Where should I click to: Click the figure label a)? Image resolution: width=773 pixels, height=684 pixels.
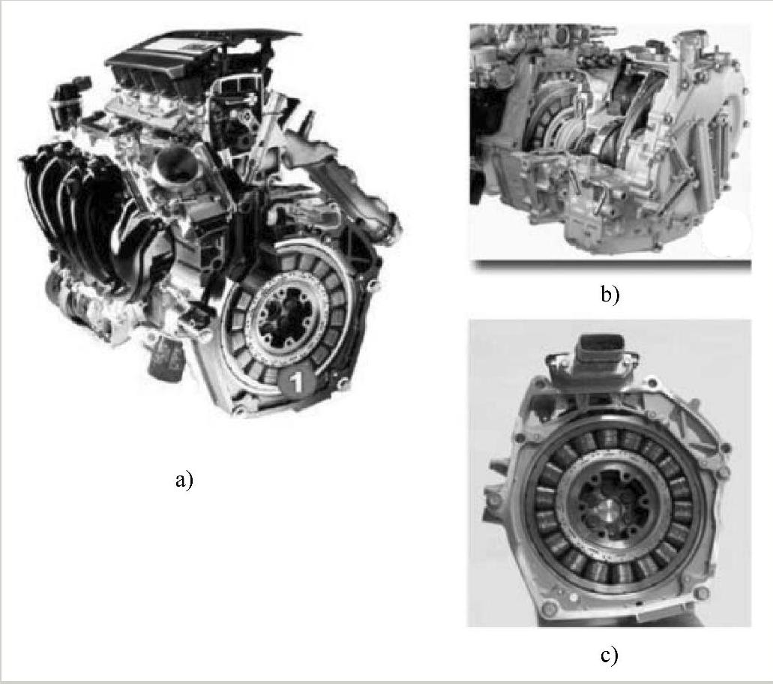coord(184,479)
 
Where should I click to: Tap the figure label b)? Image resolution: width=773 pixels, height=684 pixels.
coord(610,295)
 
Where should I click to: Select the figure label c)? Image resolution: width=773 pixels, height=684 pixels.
coord(610,655)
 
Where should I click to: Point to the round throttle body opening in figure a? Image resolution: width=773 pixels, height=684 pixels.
coord(176,164)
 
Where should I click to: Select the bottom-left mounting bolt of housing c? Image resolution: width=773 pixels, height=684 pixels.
coord(548,606)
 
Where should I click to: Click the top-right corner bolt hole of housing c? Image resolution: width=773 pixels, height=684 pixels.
coord(725,448)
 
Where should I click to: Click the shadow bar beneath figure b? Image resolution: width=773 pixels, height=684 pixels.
coord(611,265)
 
